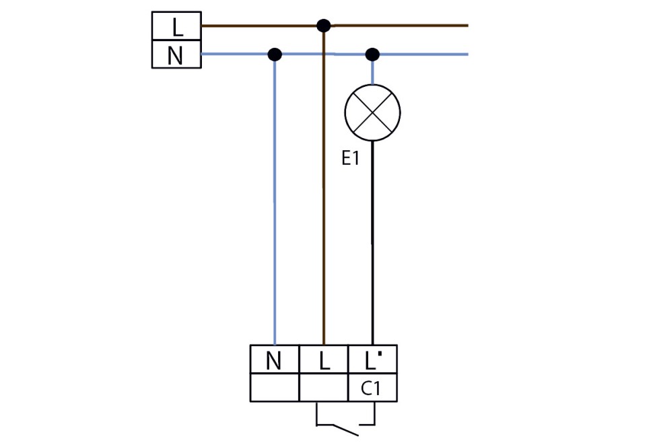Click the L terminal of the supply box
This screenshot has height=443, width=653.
click(176, 27)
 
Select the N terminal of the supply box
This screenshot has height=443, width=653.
click(176, 55)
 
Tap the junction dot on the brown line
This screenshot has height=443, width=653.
click(324, 26)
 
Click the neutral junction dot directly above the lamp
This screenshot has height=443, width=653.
click(372, 55)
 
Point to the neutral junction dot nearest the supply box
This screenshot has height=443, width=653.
click(274, 55)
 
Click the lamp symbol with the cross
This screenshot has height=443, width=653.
click(372, 112)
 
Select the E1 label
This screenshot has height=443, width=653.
click(351, 160)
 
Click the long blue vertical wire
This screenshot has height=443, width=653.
click(275, 202)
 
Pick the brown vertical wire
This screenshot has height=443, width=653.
click(324, 202)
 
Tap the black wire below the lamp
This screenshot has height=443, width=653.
click(372, 242)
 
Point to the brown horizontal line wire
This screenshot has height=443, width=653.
click(404, 26)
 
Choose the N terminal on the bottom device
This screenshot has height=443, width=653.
click(274, 361)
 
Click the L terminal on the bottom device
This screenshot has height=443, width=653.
click(324, 361)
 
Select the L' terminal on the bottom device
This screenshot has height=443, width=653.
click(372, 361)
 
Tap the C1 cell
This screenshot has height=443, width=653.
click(372, 388)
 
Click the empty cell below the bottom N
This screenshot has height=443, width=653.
click(274, 388)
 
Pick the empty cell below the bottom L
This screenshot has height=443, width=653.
click(324, 388)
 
